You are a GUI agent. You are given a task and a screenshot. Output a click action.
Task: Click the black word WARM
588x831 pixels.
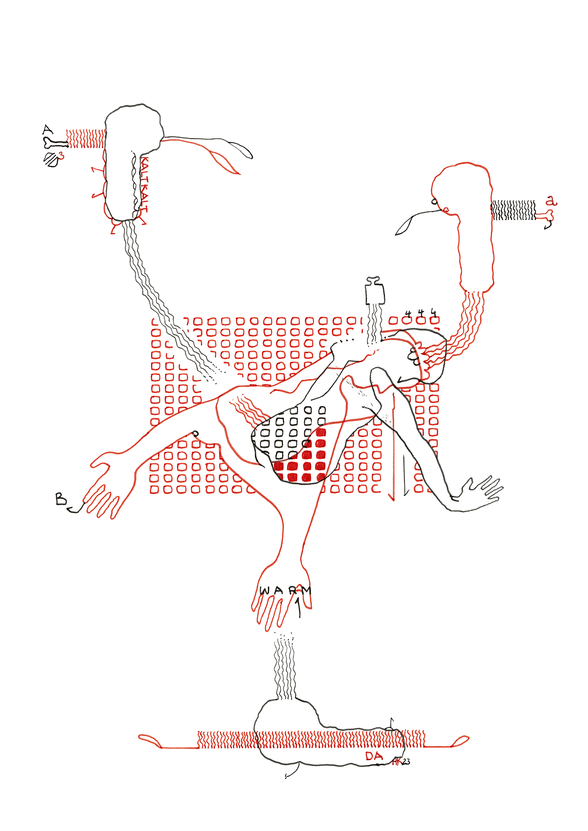tap(285, 590)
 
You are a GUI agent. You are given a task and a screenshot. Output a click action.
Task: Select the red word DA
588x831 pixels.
tap(374, 756)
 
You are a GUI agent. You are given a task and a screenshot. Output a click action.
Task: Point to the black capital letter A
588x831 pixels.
tap(48, 130)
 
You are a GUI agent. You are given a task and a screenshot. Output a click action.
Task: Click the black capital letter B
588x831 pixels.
tap(61, 499)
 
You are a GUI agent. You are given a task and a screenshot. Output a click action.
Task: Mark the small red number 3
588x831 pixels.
tap(62, 156)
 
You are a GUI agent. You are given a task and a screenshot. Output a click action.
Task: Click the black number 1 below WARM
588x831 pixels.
tap(298, 607)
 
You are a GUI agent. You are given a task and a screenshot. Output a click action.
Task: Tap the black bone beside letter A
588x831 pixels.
tap(55, 144)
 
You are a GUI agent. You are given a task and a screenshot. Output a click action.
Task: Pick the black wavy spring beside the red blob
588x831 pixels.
tap(514, 210)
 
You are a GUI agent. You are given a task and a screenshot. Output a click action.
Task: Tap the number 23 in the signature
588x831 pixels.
tap(406, 762)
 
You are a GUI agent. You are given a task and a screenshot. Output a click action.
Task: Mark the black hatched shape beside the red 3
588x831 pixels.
tap(51, 160)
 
